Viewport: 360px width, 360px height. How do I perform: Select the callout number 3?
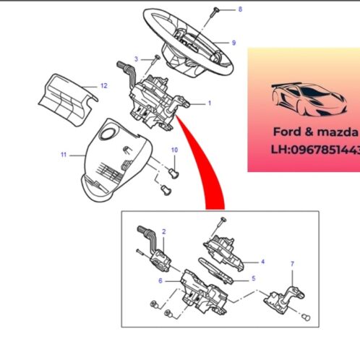pyautogui.click(x=136, y=58)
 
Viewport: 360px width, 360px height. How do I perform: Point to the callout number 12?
pyautogui.click(x=103, y=85)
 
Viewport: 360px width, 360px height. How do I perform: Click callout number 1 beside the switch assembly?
pyautogui.click(x=210, y=103)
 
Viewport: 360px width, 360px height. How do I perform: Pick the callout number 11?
pyautogui.click(x=63, y=154)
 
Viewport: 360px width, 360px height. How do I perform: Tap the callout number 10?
pyautogui.click(x=173, y=150)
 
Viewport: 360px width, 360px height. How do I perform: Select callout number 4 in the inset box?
pyautogui.click(x=262, y=261)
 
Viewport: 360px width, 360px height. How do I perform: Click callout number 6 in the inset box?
pyautogui.click(x=160, y=280)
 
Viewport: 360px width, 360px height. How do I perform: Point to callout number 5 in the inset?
pyautogui.click(x=253, y=278)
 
